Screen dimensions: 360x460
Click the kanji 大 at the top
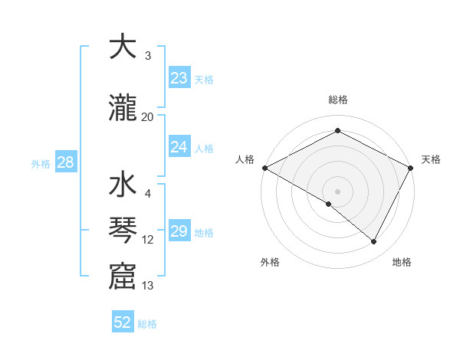coord(122,47)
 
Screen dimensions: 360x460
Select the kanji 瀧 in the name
coord(122,108)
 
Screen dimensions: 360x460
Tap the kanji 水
coord(122,187)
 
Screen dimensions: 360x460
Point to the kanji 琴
coord(122,231)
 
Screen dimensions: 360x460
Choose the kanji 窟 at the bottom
coord(122,277)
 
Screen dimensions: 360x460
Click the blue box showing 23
coord(179,78)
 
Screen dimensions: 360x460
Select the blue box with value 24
coord(179,147)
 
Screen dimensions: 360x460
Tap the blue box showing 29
coord(179,231)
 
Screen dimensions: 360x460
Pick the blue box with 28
coord(65,162)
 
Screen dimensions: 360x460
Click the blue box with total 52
coord(123,322)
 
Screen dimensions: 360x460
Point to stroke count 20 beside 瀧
coord(148,116)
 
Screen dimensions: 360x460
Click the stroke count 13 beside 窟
coord(148,286)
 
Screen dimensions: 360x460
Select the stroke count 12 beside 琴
coord(148,240)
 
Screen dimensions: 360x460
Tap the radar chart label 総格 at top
coord(337,100)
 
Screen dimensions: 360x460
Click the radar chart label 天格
coord(431,159)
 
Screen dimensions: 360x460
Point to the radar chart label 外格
coord(270,262)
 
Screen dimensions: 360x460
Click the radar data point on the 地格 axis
coord(374,242)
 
